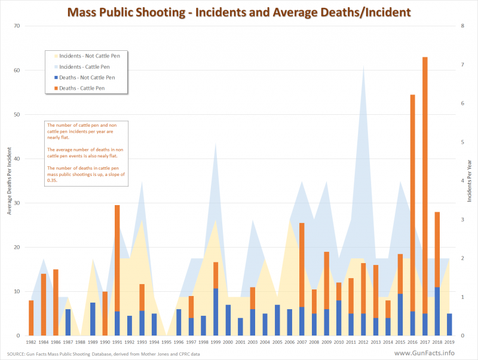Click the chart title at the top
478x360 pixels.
(x=239, y=11)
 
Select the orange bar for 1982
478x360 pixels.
(x=31, y=318)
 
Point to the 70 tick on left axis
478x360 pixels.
(x=16, y=26)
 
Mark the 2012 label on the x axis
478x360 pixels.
(x=363, y=342)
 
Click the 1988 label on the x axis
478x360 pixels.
(x=80, y=342)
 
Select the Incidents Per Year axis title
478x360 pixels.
(x=470, y=180)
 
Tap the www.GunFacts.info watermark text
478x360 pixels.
(x=436, y=353)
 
